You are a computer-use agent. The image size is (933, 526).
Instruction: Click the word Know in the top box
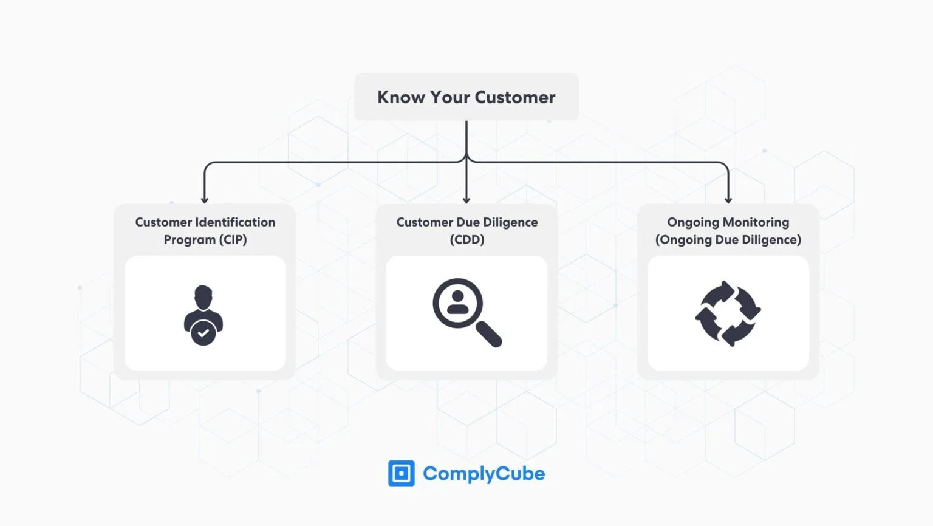pos(401,97)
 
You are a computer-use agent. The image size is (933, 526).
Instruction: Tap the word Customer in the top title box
pos(515,97)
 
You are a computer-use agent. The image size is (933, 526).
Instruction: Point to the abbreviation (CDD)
pos(467,239)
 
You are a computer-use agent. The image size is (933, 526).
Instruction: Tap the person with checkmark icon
pos(203,315)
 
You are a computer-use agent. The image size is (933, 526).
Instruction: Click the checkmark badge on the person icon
pos(203,333)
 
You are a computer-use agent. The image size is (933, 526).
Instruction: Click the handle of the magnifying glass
pos(489,334)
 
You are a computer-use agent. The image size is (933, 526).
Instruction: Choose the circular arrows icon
pos(728,313)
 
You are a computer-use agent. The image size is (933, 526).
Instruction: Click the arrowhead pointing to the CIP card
pos(205,200)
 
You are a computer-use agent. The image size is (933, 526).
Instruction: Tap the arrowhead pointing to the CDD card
pos(466,200)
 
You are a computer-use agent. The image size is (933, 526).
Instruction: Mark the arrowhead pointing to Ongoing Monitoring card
pos(728,200)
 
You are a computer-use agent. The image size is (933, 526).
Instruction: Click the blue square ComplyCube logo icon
pos(401,473)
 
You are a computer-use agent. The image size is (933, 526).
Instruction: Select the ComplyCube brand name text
pos(484,474)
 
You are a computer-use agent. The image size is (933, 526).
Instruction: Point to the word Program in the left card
pos(190,239)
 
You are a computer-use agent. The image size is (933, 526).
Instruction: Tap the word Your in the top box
pos(450,97)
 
